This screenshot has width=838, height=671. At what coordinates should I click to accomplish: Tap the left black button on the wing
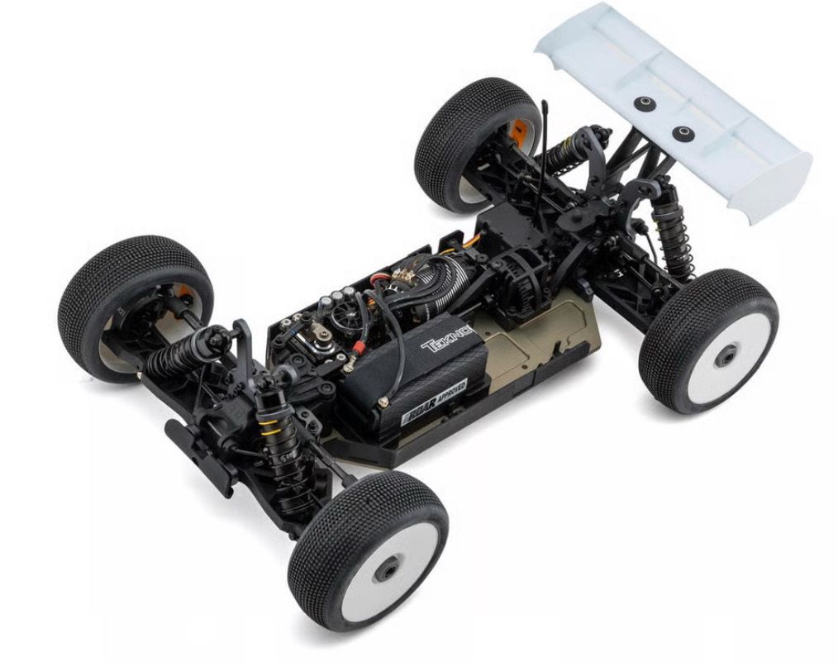(641, 102)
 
